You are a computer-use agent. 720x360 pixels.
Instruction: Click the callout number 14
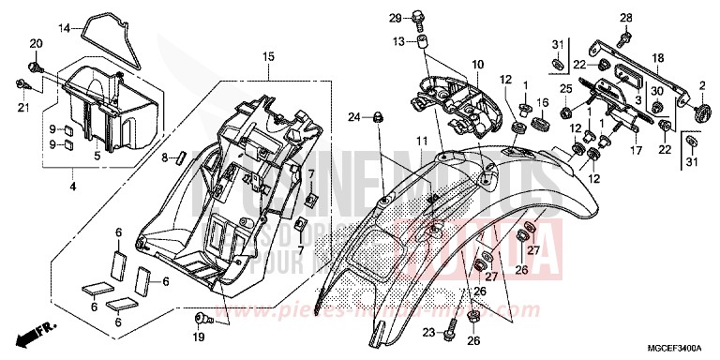click(x=66, y=28)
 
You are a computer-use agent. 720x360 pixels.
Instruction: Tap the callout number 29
click(x=395, y=17)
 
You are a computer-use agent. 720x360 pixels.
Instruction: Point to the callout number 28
click(x=624, y=17)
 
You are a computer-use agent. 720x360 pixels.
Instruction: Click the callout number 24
click(x=353, y=117)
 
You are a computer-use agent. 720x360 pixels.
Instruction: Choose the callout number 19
click(x=200, y=336)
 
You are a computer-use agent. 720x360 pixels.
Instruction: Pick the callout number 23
click(x=428, y=332)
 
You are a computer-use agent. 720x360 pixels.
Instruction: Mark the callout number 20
click(x=36, y=45)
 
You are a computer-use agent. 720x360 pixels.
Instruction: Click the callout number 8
click(x=164, y=156)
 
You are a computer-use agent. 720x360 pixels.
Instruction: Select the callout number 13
click(x=397, y=42)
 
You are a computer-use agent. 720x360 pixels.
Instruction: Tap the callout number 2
click(x=700, y=85)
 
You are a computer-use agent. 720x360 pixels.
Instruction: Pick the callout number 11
click(x=422, y=140)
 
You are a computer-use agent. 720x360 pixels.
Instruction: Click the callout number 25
click(x=565, y=88)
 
